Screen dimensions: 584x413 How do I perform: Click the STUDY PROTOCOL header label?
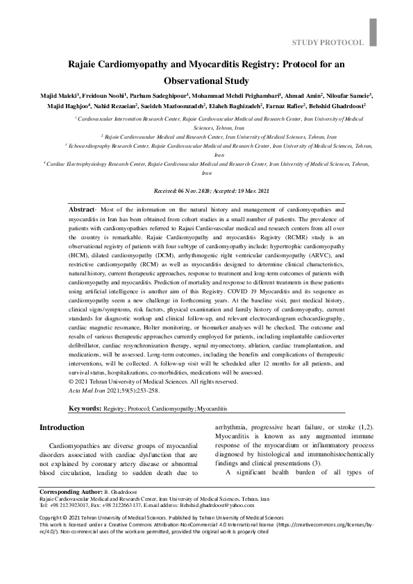click(328, 43)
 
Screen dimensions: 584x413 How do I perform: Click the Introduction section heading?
click(62, 427)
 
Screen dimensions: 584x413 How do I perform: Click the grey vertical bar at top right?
click(373, 31)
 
